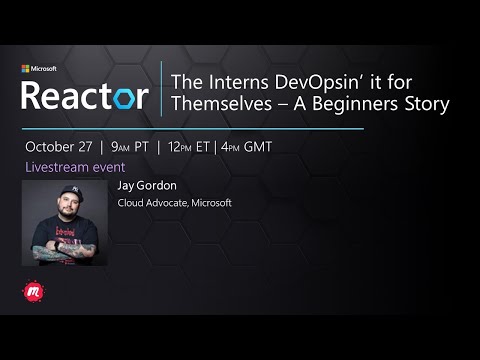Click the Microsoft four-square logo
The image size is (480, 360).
pyautogui.click(x=25, y=69)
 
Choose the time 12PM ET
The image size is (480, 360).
pyautogui.click(x=203, y=145)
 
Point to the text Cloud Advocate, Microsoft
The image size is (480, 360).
pyautogui.click(x=174, y=202)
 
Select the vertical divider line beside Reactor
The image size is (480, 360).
pyautogui.click(x=161, y=90)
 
